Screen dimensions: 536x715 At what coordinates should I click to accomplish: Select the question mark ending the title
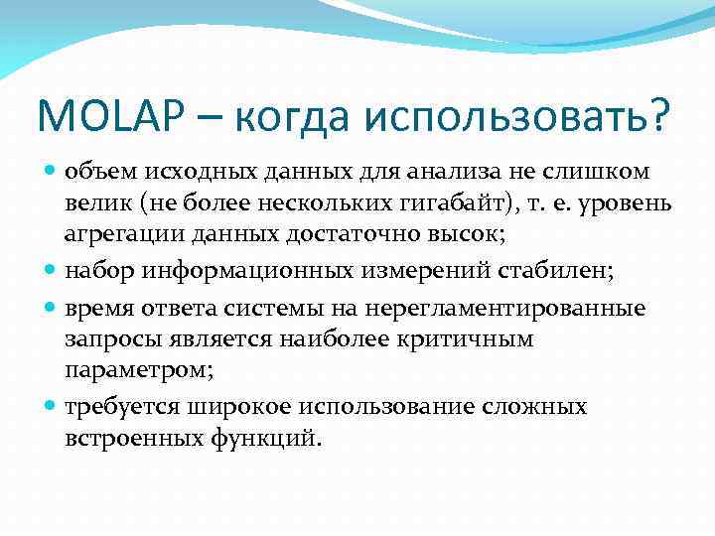pos(657,117)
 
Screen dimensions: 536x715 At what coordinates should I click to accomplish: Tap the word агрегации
pos(113,237)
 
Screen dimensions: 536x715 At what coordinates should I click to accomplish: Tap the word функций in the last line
pos(274,438)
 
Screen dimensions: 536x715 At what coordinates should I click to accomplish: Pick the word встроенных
pos(128,438)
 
